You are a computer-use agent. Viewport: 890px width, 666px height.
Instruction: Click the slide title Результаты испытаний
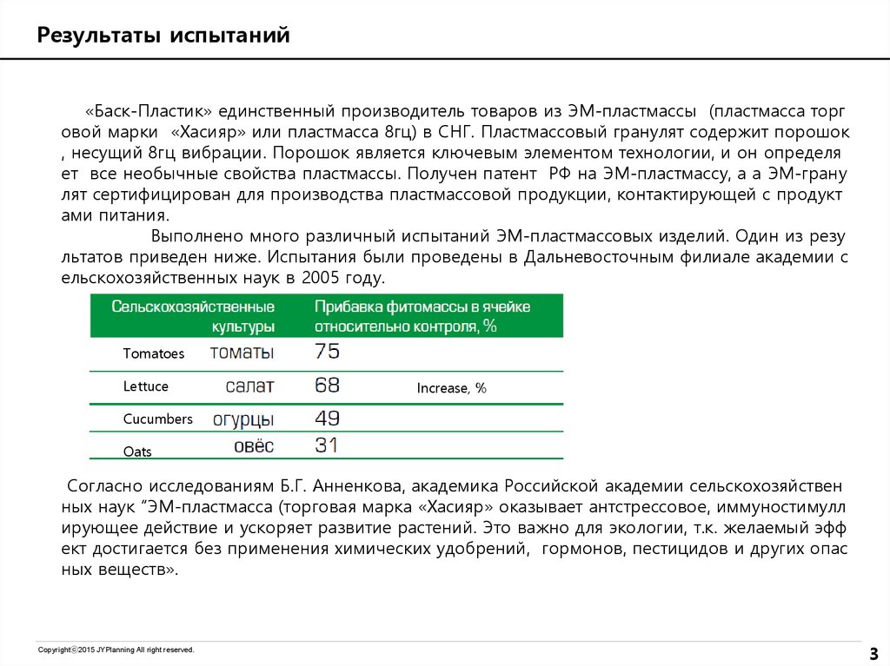[163, 36]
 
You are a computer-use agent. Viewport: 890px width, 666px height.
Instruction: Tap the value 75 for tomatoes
[327, 352]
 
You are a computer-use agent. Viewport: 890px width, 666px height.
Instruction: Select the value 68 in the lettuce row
[327, 386]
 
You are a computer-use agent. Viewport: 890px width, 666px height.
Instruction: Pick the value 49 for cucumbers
[327, 419]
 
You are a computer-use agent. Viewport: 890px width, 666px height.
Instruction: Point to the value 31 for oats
[327, 446]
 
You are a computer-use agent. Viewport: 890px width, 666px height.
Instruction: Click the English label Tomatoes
[154, 353]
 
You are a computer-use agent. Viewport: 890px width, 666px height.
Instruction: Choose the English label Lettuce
[146, 386]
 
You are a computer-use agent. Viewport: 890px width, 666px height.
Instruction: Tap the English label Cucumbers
[157, 419]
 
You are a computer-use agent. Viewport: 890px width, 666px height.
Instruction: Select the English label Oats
[137, 452]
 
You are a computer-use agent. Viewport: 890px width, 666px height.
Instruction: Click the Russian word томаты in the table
[242, 353]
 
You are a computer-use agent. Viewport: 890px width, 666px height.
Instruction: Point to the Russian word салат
[249, 386]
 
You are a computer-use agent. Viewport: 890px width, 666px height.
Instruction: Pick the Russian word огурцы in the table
[243, 419]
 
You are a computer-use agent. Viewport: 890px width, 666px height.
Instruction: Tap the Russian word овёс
[254, 446]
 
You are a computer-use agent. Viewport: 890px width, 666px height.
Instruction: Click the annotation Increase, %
[451, 388]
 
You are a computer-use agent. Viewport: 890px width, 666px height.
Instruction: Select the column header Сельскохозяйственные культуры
[194, 316]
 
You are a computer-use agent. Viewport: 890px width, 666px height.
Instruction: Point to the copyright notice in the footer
[116, 650]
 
